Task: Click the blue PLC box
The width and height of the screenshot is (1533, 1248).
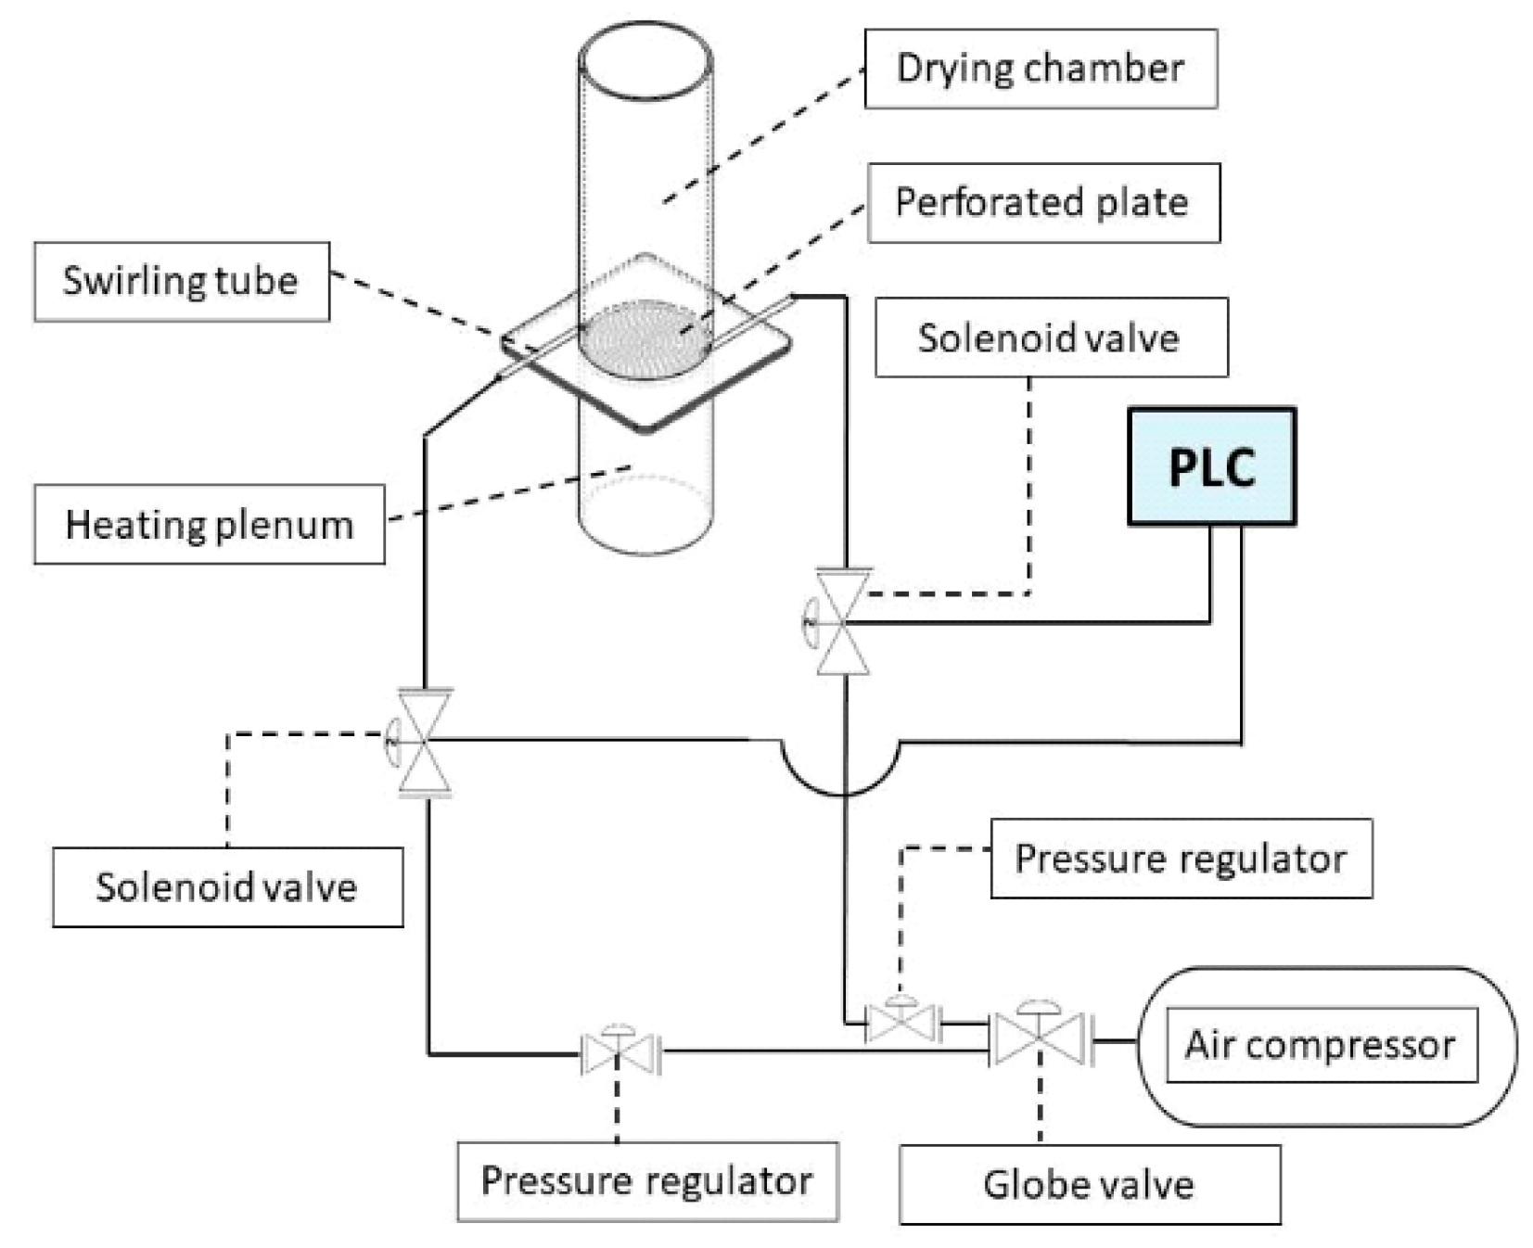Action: pos(1210,466)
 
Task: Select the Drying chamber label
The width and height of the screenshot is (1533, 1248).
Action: pos(1040,69)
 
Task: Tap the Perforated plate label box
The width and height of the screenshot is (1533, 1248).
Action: pos(1042,203)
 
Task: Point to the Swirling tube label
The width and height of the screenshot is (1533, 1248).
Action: pos(181,281)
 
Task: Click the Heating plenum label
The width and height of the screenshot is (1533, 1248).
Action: pos(209,524)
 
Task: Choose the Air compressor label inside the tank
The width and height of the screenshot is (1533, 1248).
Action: pos(1320,1045)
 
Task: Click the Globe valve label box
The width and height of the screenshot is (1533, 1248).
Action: pos(1089,1184)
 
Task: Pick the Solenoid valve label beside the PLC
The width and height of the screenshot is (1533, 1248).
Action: pos(1050,337)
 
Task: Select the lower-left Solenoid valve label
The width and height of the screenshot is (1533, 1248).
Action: pos(227,886)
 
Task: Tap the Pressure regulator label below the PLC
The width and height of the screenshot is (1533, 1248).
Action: pos(1180,858)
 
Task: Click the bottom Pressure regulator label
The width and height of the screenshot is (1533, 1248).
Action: pos(646,1180)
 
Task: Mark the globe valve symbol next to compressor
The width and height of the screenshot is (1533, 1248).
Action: pos(1039,1038)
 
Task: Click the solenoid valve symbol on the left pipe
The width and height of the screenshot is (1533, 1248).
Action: pos(423,741)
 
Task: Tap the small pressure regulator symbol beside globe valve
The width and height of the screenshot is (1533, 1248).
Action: pos(901,1023)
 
